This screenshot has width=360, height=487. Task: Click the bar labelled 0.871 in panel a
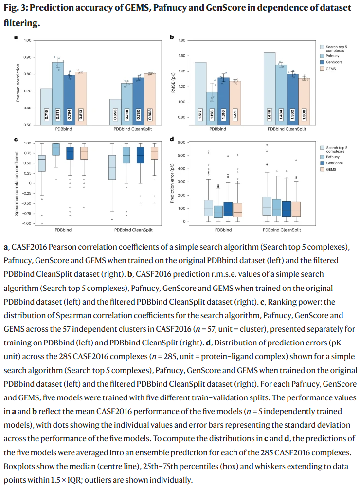(58, 92)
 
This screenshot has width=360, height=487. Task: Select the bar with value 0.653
(115, 112)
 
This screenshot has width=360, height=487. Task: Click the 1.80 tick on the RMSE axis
(183, 40)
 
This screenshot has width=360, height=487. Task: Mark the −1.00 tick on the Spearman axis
(27, 223)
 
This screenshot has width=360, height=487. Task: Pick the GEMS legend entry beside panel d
(331, 170)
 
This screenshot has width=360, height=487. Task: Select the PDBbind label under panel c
(64, 229)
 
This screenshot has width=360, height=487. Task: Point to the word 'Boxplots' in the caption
(21, 466)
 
